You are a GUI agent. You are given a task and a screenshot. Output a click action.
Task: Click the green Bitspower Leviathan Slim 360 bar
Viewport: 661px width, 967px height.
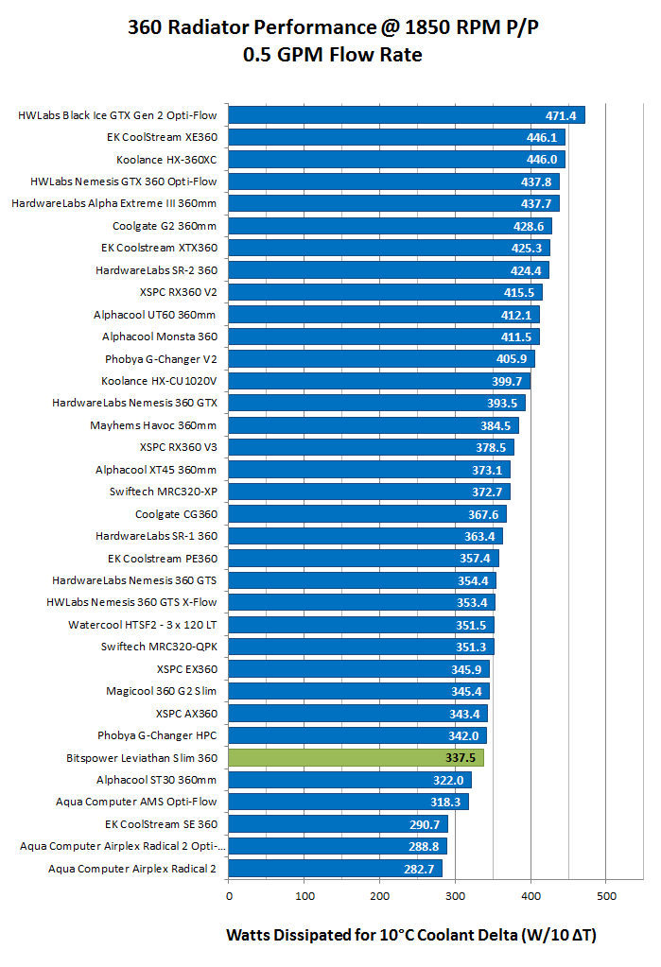356,757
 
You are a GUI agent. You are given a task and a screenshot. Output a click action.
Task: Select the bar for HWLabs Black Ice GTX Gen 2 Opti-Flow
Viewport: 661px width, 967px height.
407,115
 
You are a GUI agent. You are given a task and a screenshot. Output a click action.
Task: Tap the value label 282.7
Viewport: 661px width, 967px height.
421,868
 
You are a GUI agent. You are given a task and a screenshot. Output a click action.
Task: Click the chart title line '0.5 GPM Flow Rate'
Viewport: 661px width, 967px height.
332,55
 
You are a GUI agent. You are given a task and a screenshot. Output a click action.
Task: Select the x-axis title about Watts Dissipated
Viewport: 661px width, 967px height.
411,935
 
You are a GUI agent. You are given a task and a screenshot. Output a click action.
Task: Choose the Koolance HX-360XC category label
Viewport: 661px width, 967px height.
166,160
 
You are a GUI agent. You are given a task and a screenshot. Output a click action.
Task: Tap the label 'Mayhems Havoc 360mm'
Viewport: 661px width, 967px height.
153,425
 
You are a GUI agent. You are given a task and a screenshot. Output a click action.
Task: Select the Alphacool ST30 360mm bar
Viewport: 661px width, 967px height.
350,780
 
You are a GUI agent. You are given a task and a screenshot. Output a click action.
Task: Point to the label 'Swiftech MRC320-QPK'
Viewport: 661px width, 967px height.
159,647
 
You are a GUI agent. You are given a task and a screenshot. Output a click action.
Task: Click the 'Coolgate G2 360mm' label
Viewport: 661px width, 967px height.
165,226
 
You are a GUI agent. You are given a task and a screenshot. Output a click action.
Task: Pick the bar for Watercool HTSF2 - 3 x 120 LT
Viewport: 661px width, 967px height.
361,625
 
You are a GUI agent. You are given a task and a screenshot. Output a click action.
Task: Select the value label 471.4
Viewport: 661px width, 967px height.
561,115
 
